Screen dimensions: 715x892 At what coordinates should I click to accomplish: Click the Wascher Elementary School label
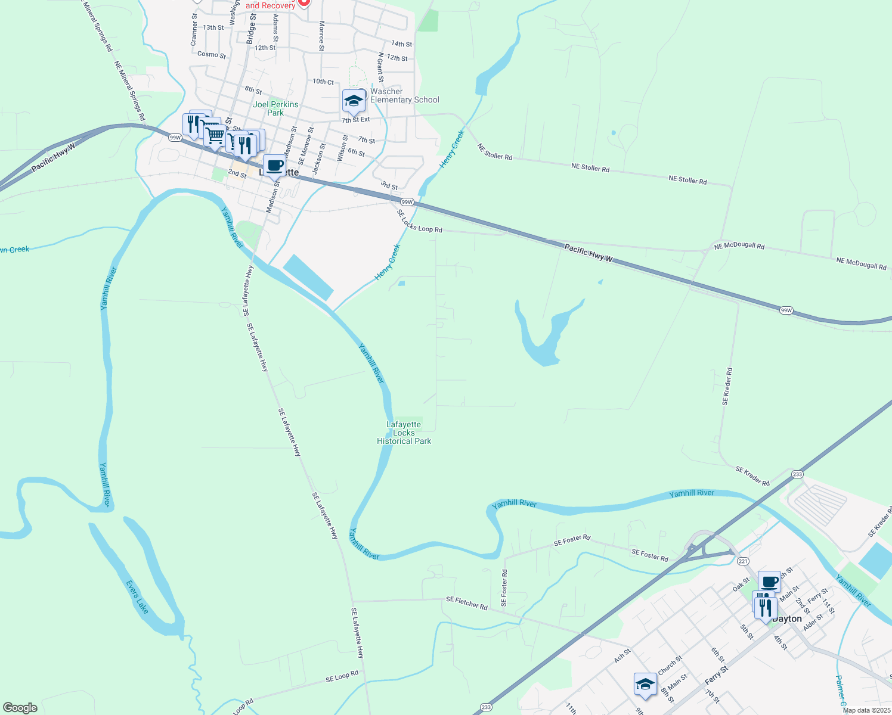(404, 95)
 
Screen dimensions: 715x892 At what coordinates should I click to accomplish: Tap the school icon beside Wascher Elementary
(354, 102)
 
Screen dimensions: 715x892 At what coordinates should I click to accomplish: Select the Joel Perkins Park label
(275, 108)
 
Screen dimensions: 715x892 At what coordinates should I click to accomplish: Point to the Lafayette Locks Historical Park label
(404, 433)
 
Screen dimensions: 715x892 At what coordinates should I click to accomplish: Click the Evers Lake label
(137, 597)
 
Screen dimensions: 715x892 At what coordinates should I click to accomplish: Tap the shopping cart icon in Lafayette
(215, 136)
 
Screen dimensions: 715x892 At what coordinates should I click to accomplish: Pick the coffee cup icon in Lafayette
(274, 166)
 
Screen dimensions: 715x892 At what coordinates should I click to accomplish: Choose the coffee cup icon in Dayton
(769, 582)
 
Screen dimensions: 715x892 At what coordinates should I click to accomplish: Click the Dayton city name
(787, 618)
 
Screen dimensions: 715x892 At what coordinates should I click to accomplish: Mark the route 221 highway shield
(742, 561)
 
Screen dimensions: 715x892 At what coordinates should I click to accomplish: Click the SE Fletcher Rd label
(467, 603)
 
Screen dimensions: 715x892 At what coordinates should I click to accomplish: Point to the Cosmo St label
(212, 55)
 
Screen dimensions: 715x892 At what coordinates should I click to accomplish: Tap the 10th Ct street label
(323, 82)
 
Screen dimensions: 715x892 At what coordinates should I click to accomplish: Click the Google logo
(20, 708)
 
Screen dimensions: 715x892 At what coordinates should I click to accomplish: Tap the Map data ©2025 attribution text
(866, 710)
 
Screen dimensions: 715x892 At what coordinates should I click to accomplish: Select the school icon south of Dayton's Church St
(645, 685)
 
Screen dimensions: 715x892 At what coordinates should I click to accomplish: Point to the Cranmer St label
(194, 30)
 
